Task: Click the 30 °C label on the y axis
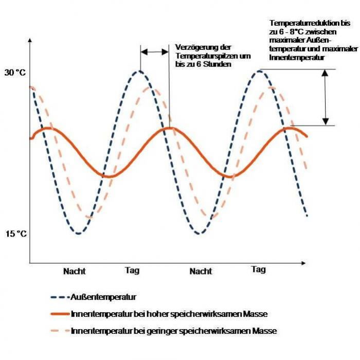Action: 15,73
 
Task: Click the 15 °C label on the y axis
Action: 15,234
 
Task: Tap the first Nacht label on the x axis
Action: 75,271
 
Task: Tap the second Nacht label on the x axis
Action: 201,271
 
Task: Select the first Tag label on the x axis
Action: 132,271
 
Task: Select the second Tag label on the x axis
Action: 259,269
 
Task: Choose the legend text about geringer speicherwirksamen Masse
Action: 174,331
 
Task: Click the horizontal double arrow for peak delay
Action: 154,51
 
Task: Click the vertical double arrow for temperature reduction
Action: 325,97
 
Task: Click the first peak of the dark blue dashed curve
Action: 139,71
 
